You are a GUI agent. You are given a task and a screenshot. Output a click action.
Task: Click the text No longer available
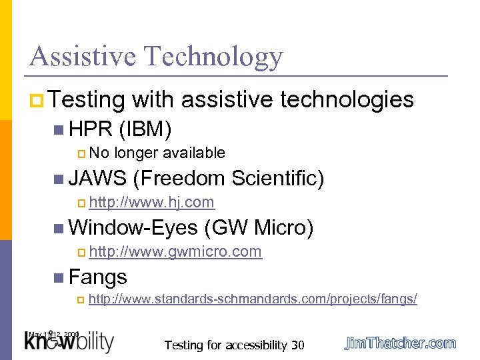tap(157, 153)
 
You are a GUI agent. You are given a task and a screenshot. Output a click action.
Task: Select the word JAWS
tap(97, 178)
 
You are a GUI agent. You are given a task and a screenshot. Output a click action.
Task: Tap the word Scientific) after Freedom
tap(279, 178)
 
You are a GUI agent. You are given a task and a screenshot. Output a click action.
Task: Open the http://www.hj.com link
tap(151, 202)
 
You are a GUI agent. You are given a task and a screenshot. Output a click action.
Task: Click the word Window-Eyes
tap(133, 228)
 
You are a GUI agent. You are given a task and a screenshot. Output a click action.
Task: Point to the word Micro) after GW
tap(283, 228)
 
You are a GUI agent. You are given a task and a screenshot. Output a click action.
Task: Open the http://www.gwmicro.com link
tap(175, 252)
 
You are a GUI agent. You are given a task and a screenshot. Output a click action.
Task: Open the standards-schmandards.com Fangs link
tap(253, 299)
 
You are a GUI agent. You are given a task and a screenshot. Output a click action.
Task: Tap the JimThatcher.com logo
tap(400, 343)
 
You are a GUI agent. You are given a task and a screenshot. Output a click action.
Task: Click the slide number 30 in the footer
tap(297, 345)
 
